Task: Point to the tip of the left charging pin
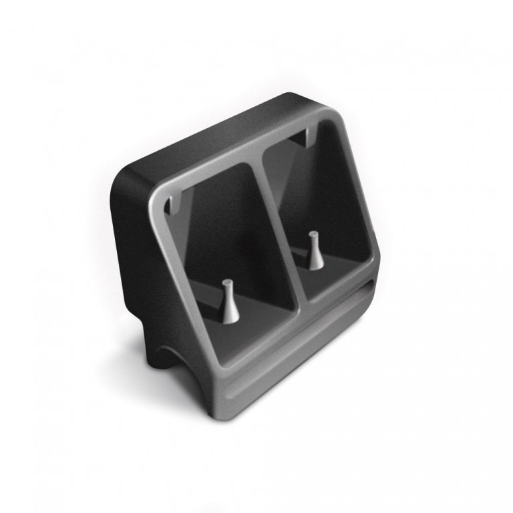point(226,283)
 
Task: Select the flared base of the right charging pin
point(313,263)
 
